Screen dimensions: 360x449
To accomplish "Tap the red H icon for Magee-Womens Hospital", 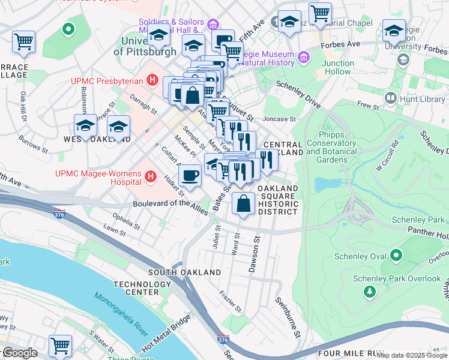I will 151,177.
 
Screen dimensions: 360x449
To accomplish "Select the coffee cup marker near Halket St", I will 190,176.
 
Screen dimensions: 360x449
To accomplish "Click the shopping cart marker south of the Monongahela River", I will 60,346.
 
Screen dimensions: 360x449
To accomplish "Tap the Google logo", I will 19,353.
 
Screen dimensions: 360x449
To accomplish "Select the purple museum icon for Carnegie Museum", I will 304,58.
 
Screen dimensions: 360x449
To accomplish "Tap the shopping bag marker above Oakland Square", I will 243,203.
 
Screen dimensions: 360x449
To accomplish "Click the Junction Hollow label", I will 336,67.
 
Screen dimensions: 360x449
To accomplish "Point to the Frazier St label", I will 230,301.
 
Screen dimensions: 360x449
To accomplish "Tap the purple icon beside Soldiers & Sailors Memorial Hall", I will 213,25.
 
